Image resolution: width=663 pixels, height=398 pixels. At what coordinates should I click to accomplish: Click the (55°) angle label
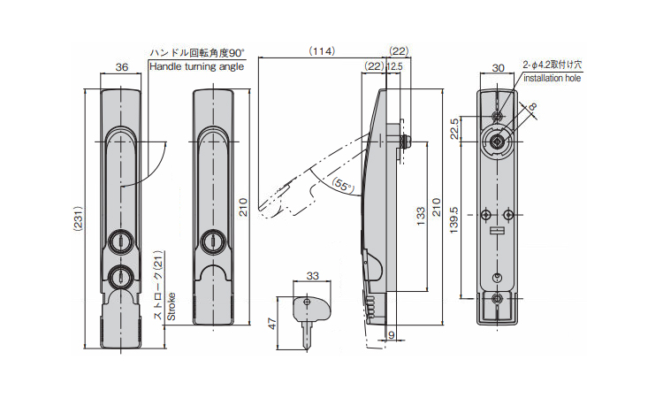[x=342, y=186]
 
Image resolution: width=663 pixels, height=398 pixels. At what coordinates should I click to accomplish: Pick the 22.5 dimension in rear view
[x=453, y=129]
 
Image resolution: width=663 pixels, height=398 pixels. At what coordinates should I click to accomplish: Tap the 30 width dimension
[x=498, y=67]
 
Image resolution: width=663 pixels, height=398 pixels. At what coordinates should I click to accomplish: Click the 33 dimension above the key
[x=312, y=277]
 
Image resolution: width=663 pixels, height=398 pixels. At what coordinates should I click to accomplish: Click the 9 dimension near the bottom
[x=391, y=335]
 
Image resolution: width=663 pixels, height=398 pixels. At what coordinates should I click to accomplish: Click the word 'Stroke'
[x=171, y=309]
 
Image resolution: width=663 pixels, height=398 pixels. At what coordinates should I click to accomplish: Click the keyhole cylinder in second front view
[x=211, y=241]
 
